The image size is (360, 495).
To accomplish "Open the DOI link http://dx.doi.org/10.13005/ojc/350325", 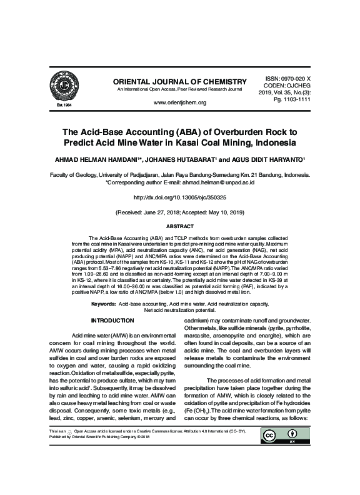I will click(180, 197).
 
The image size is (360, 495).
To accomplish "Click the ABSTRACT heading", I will click(179, 226).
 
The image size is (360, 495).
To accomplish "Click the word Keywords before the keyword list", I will click(103, 303).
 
